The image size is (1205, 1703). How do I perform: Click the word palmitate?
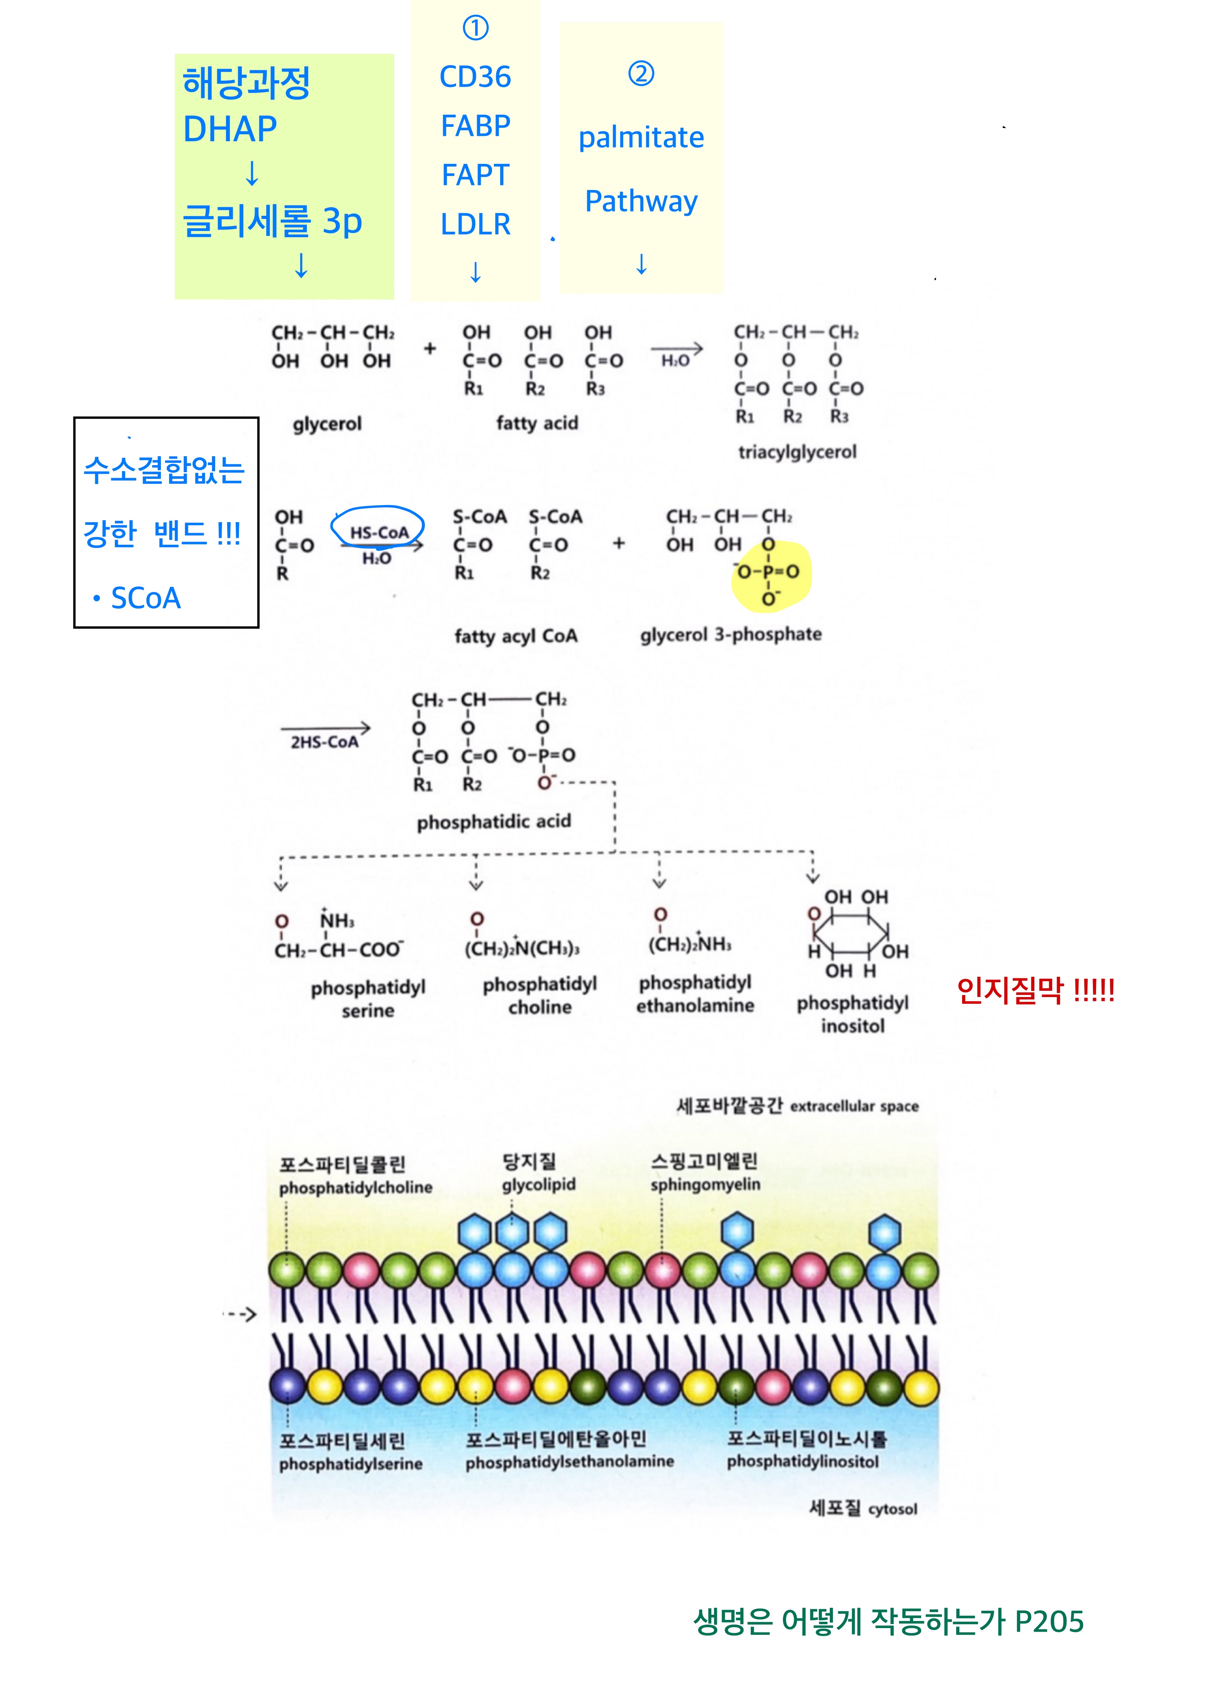coord(641,138)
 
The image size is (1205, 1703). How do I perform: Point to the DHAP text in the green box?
coord(230,129)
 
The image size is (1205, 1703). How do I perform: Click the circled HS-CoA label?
coord(378,532)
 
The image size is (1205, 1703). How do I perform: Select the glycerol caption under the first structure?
coord(327,424)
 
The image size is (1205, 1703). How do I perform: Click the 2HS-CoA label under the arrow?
coord(324,742)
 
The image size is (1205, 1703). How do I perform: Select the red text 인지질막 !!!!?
coord(1035,990)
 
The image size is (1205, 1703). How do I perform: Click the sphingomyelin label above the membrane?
coord(705,1184)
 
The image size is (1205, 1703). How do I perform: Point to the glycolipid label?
coord(539,1184)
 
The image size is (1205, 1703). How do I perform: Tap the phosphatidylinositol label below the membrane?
coord(803,1462)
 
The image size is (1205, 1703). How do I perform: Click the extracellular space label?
coord(854,1106)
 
